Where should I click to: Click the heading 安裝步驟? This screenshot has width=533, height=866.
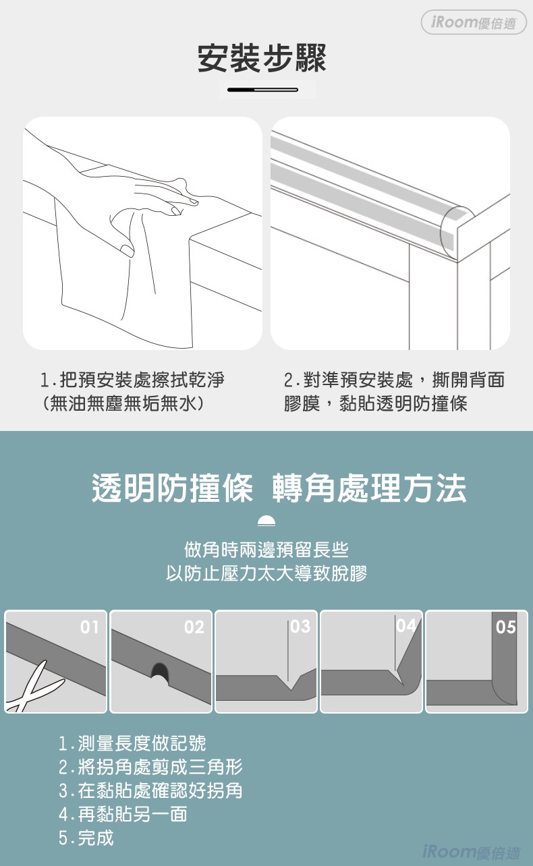coord(262,59)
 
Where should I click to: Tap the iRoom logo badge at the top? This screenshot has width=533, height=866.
coord(474,22)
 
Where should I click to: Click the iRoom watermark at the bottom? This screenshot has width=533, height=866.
coord(472,851)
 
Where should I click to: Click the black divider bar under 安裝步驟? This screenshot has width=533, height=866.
coord(262,90)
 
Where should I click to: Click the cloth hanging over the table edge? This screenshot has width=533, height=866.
coord(123,279)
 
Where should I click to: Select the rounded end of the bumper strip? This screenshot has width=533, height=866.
coord(456,232)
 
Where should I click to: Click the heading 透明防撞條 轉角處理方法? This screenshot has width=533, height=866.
coord(279,488)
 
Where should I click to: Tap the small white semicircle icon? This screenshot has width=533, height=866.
coord(266,521)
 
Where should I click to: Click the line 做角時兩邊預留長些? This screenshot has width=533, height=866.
coord(266,550)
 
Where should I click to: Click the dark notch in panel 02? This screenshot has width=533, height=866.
coord(160,672)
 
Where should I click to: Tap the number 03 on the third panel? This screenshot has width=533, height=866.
coord(300,627)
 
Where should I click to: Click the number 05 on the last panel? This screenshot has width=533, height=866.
coord(505,627)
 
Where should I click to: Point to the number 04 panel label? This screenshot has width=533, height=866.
coord(406,625)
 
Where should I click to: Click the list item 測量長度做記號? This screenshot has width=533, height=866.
coord(132,743)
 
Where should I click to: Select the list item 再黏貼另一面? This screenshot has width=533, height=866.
coord(123,814)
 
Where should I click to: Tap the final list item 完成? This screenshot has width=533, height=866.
coord(86,838)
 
